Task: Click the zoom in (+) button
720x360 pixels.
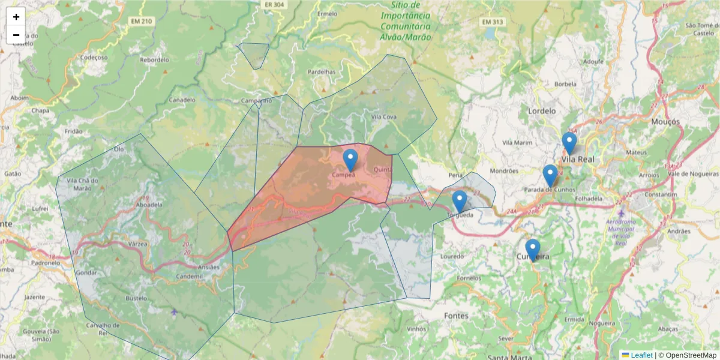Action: pos(16,17)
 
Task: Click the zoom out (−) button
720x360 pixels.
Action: pos(16,35)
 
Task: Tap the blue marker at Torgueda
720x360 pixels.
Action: pos(460,202)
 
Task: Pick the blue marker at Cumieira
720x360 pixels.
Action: pos(532,250)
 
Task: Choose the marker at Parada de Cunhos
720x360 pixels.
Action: pos(550,176)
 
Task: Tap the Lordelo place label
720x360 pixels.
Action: pos(542,111)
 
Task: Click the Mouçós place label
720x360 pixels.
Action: pos(665,122)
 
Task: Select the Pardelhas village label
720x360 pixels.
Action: pos(322,71)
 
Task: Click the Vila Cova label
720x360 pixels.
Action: pos(384,117)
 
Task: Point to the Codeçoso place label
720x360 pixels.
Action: pos(94,58)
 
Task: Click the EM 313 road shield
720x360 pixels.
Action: pos(492,22)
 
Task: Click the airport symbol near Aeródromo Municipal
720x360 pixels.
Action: pos(621,214)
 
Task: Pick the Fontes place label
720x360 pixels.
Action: pos(457,316)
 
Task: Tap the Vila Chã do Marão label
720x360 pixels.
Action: pos(83,184)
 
